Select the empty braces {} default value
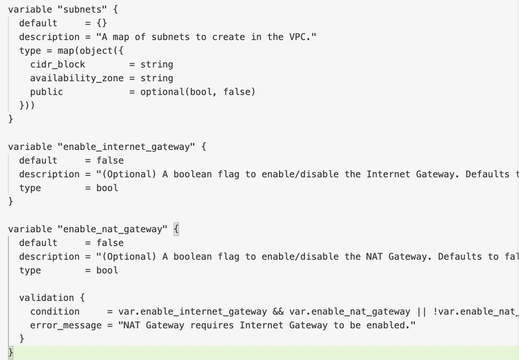(102, 23)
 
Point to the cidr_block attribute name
(58, 64)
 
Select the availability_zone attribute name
(77, 78)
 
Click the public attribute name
(46, 92)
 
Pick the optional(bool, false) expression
(198, 91)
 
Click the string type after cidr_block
(156, 64)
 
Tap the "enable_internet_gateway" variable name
(127, 147)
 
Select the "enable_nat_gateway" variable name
(112, 229)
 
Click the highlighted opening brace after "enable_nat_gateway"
(176, 229)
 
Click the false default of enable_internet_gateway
(110, 160)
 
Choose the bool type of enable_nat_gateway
(107, 270)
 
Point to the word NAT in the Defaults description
(374, 256)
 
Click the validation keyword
(46, 298)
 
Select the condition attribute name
(54, 311)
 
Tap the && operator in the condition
(278, 311)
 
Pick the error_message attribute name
(66, 325)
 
